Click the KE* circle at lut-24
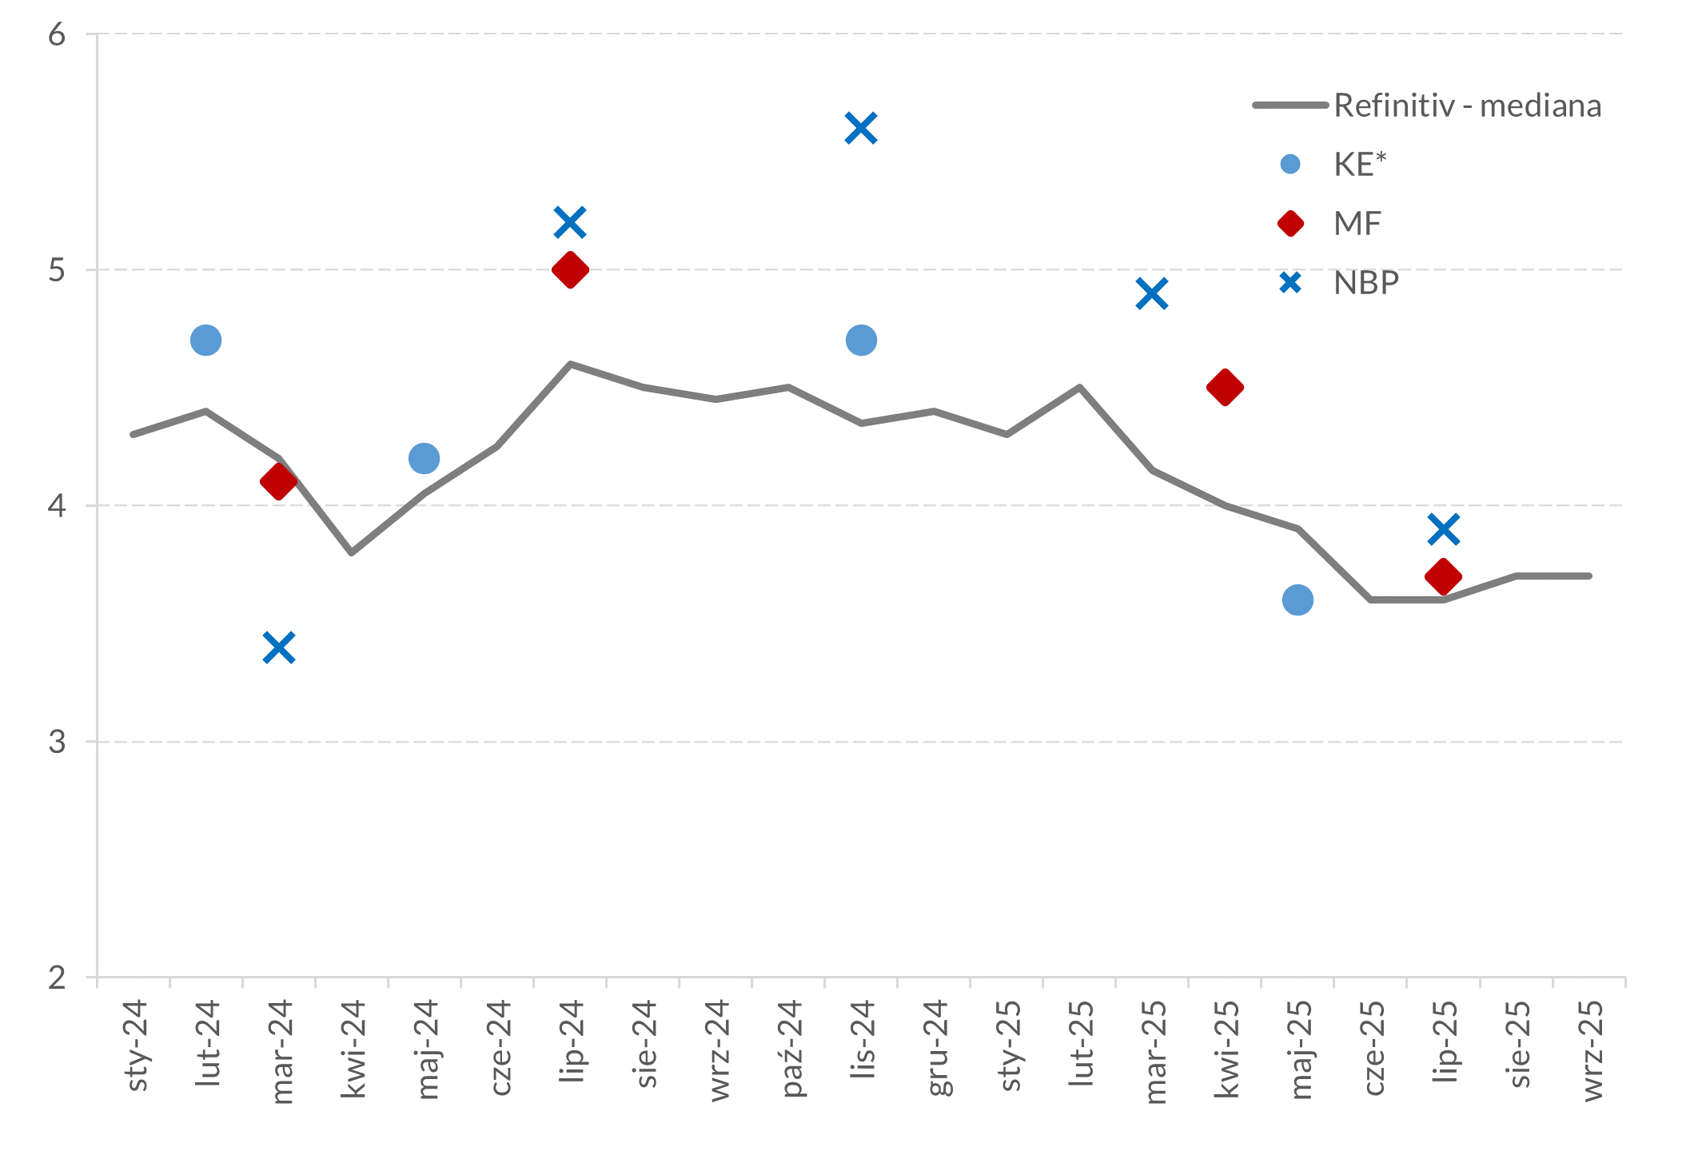point(205,340)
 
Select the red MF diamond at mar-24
point(278,482)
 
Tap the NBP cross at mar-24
point(278,647)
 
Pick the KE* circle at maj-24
point(424,458)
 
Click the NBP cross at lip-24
point(569,221)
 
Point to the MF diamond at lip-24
point(570,269)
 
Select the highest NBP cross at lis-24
point(860,128)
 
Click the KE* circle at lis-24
point(860,340)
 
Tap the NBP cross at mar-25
point(1151,293)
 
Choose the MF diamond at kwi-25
point(1225,388)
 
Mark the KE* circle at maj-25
point(1297,599)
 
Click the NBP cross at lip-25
point(1443,529)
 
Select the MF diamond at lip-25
point(1443,576)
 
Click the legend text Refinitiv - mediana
point(1467,106)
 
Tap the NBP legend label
point(1365,283)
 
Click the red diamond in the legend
point(1290,224)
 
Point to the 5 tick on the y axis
point(57,270)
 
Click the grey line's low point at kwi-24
point(352,552)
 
